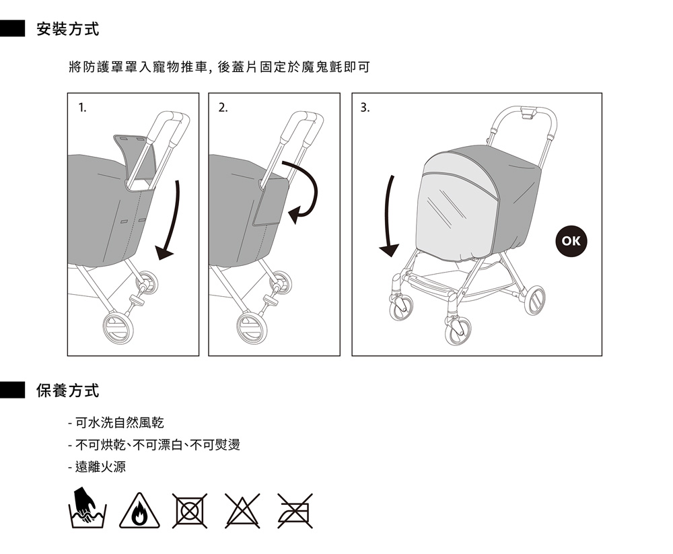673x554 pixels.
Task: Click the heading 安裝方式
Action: [68, 29]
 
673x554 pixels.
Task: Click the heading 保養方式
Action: [68, 390]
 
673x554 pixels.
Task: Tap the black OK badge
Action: [571, 241]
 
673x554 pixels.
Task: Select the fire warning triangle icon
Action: [139, 511]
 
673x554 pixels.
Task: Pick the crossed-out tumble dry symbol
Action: [190, 511]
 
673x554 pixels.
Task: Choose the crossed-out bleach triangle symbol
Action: [242, 511]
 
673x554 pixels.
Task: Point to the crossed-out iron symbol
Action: [295, 511]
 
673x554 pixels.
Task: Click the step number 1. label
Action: [82, 108]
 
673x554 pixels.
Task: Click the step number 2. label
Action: [223, 108]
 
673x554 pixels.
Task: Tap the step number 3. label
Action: [365, 108]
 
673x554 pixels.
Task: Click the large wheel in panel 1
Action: [118, 328]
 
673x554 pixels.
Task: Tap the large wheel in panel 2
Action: [252, 328]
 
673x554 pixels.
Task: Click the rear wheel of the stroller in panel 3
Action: [535, 300]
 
